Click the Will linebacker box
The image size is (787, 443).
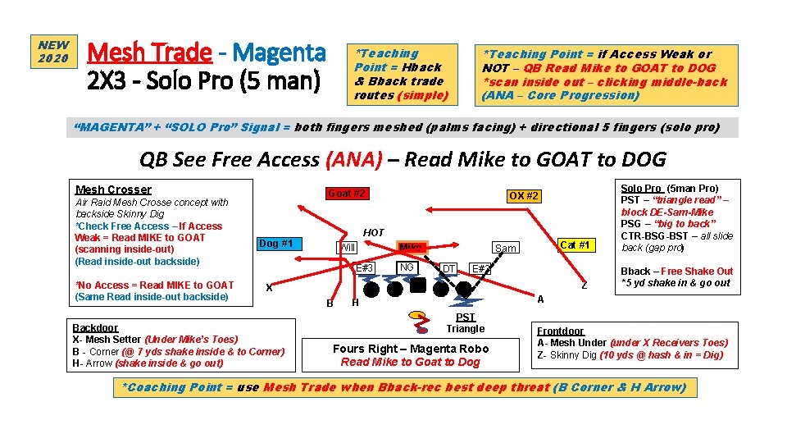pyautogui.click(x=348, y=248)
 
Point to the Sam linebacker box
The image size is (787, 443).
pyautogui.click(x=506, y=248)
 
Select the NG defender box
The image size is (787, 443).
pyautogui.click(x=407, y=267)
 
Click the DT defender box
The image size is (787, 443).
pyautogui.click(x=448, y=268)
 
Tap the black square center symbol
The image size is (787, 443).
pyautogui.click(x=418, y=286)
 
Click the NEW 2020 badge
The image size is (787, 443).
pyautogui.click(x=53, y=52)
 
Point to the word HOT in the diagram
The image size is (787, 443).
pyautogui.click(x=374, y=233)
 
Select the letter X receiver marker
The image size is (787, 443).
pyautogui.click(x=269, y=287)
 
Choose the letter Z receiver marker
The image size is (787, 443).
pyautogui.click(x=584, y=285)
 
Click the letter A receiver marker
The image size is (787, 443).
pyautogui.click(x=540, y=299)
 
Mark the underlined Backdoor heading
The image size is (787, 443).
pyautogui.click(x=95, y=327)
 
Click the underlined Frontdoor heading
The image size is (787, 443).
pyautogui.click(x=561, y=331)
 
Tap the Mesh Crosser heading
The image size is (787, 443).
pyautogui.click(x=113, y=190)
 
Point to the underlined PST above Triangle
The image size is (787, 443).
pyautogui.click(x=465, y=317)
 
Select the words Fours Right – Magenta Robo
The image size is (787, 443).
pyautogui.click(x=411, y=348)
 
